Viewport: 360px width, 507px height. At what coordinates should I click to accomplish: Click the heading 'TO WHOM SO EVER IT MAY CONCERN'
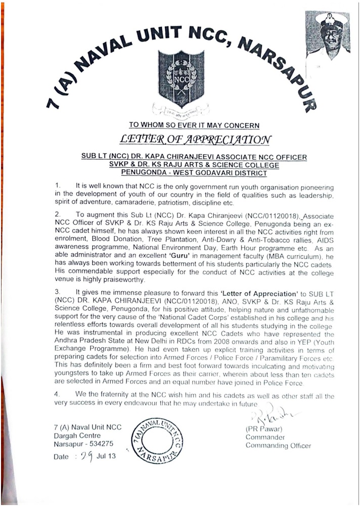point(194,125)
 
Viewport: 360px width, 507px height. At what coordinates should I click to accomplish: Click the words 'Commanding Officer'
point(278,445)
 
